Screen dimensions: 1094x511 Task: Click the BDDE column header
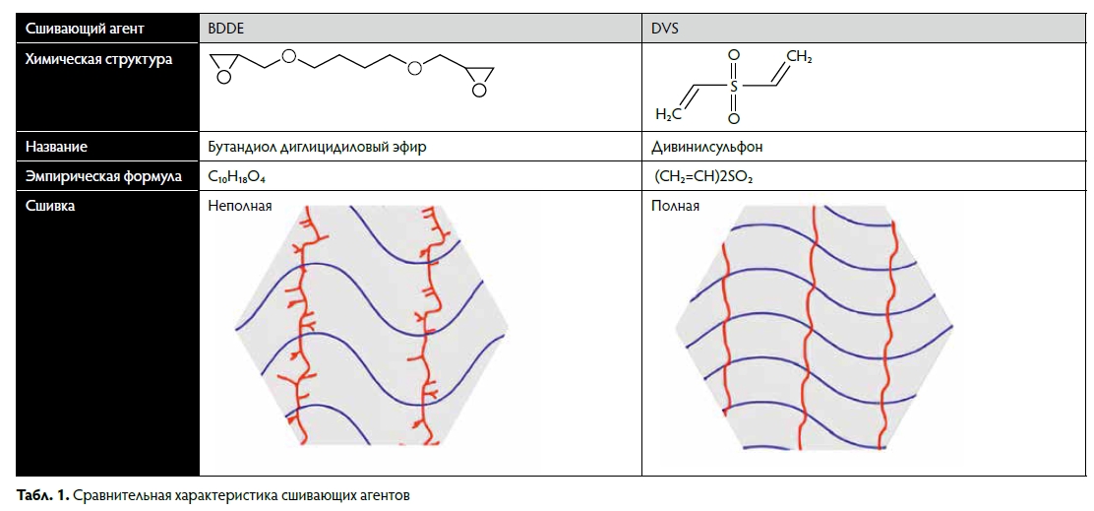(x=223, y=29)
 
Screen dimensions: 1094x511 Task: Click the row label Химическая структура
(x=98, y=60)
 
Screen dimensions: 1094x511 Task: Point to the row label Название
(x=56, y=148)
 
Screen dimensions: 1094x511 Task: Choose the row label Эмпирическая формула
(x=103, y=176)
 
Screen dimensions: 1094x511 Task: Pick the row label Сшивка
(x=50, y=206)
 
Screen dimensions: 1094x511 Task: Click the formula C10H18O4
(x=238, y=177)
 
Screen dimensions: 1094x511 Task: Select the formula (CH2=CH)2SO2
(x=703, y=177)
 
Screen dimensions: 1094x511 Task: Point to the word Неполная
(x=239, y=206)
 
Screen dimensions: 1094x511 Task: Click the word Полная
(x=675, y=206)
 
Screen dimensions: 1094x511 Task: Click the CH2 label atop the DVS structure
(x=800, y=56)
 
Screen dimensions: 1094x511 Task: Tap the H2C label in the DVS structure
(x=668, y=114)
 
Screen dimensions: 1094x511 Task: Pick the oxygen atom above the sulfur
(x=733, y=54)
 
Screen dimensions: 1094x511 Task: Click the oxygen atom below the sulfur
(x=733, y=119)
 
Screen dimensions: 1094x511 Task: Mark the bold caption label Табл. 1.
(x=42, y=496)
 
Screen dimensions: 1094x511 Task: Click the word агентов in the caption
(x=384, y=496)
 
